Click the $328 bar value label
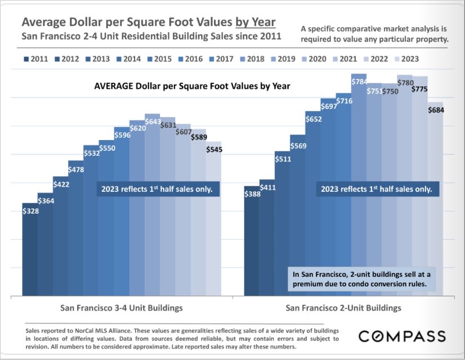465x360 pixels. (30, 211)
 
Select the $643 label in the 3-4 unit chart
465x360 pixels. (153, 121)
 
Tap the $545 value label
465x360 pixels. (214, 150)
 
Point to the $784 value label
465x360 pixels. (359, 82)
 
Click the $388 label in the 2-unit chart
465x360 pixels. (252, 194)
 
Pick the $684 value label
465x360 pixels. (435, 110)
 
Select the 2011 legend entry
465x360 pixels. (36, 58)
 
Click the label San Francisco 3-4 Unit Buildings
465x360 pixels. (121, 308)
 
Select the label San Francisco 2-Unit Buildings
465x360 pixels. (343, 308)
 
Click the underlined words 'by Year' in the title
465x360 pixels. (255, 22)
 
